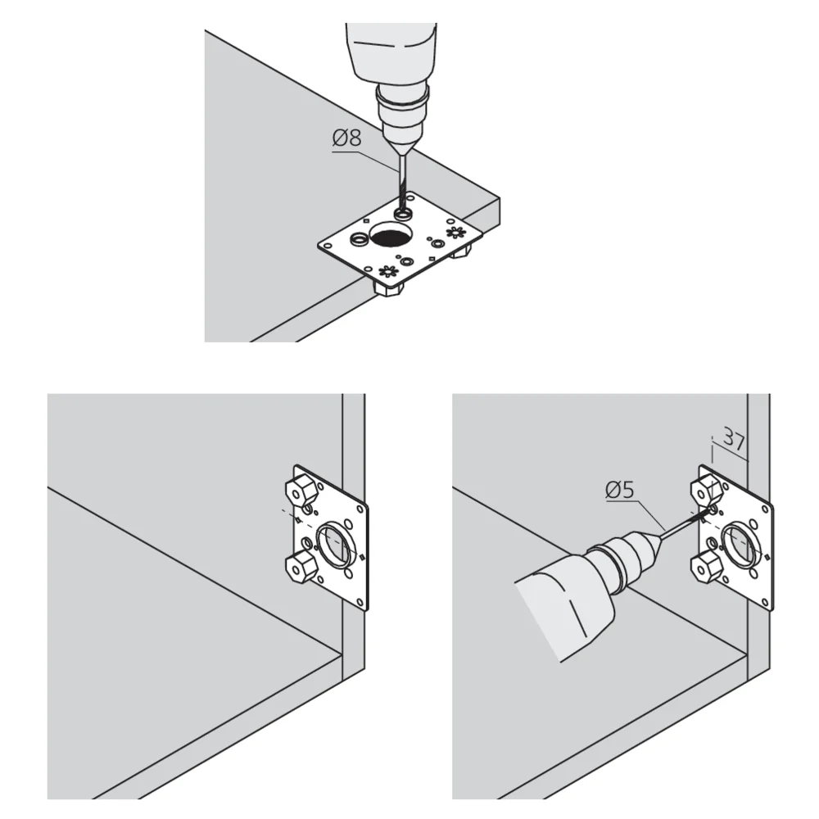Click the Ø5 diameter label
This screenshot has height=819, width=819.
621,491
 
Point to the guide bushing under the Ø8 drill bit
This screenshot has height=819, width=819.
402,213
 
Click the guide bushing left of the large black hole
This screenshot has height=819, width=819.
358,240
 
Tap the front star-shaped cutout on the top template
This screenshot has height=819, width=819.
386,269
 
